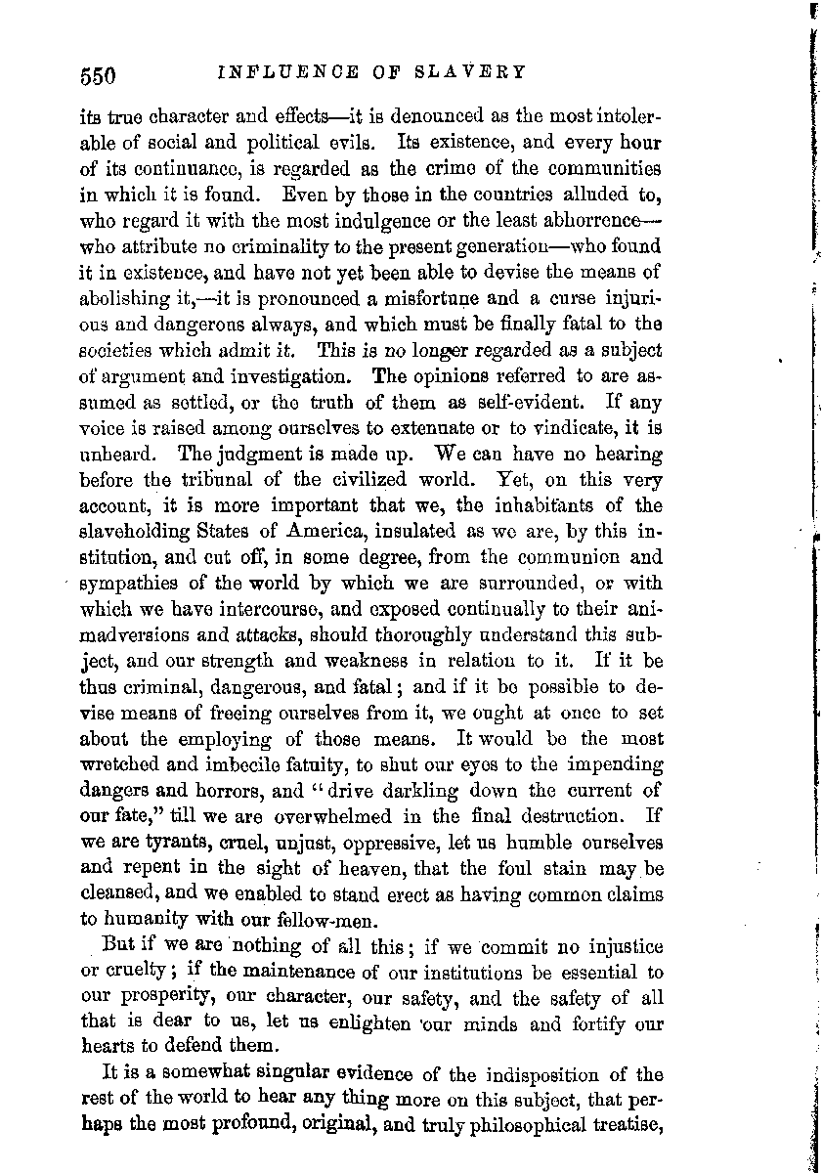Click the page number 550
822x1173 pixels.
point(99,75)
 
